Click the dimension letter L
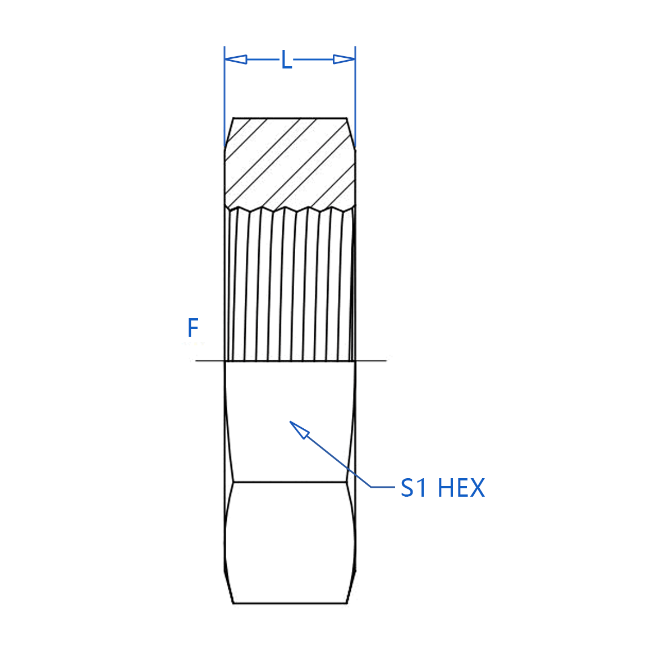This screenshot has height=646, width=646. click(286, 60)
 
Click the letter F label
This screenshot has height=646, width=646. click(193, 328)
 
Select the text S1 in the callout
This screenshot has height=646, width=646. click(414, 488)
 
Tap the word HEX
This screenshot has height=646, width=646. click(461, 488)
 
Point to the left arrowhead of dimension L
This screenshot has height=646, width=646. click(236, 59)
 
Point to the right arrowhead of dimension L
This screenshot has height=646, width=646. click(344, 59)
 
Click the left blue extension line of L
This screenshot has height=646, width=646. click(225, 97)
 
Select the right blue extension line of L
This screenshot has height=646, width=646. click(355, 97)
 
